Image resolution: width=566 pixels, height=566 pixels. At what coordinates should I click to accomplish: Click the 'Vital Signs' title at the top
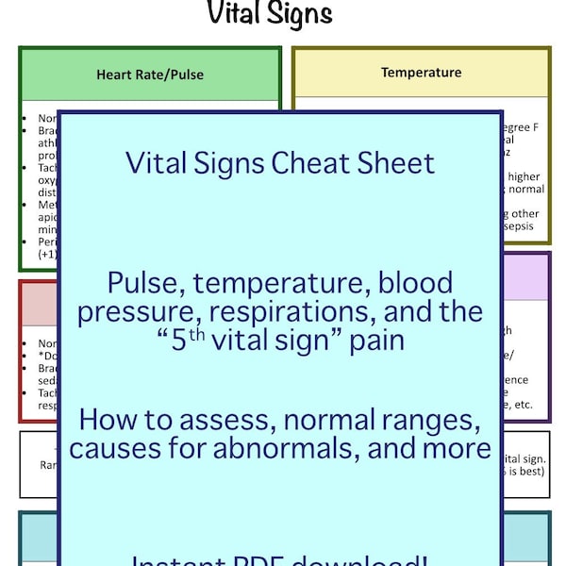(270, 14)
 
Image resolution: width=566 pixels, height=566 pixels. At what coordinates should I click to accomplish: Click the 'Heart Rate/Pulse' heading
(150, 74)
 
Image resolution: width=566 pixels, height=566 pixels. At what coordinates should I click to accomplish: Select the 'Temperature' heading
(421, 72)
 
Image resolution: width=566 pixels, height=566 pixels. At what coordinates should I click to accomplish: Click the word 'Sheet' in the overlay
(395, 163)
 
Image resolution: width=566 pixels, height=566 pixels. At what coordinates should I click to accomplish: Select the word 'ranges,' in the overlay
(430, 417)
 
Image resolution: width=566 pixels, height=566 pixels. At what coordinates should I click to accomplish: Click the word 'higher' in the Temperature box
(524, 175)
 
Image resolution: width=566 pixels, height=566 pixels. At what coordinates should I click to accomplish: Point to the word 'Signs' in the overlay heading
(219, 163)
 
